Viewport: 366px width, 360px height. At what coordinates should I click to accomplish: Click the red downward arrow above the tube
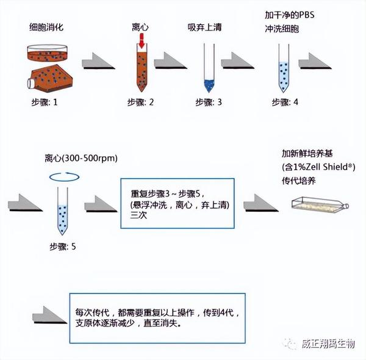(x=142, y=41)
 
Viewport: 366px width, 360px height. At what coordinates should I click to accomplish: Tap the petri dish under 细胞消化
(x=48, y=53)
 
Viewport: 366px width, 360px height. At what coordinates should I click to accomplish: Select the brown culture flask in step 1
(x=50, y=78)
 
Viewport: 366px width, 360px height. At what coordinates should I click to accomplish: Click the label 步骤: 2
(x=140, y=103)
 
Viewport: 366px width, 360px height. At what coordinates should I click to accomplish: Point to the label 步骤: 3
(x=209, y=103)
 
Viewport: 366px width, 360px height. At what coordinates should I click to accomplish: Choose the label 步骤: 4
(x=285, y=103)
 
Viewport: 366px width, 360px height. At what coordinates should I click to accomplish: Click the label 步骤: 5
(x=63, y=247)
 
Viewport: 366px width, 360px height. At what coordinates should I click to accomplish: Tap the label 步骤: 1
(x=45, y=103)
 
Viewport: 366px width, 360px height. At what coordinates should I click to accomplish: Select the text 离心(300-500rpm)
(x=81, y=159)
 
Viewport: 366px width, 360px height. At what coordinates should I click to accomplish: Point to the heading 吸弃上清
(x=205, y=27)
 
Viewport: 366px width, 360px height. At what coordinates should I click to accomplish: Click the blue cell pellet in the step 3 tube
(x=209, y=85)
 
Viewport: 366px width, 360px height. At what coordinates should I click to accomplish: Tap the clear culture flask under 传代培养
(x=320, y=206)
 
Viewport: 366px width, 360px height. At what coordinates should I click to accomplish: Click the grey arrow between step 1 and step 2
(x=98, y=61)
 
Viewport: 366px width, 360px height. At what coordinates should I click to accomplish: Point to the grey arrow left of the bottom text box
(x=49, y=315)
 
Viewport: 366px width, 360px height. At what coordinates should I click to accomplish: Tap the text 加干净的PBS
(x=290, y=15)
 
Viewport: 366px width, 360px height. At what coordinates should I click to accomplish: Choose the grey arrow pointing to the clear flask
(x=261, y=203)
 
